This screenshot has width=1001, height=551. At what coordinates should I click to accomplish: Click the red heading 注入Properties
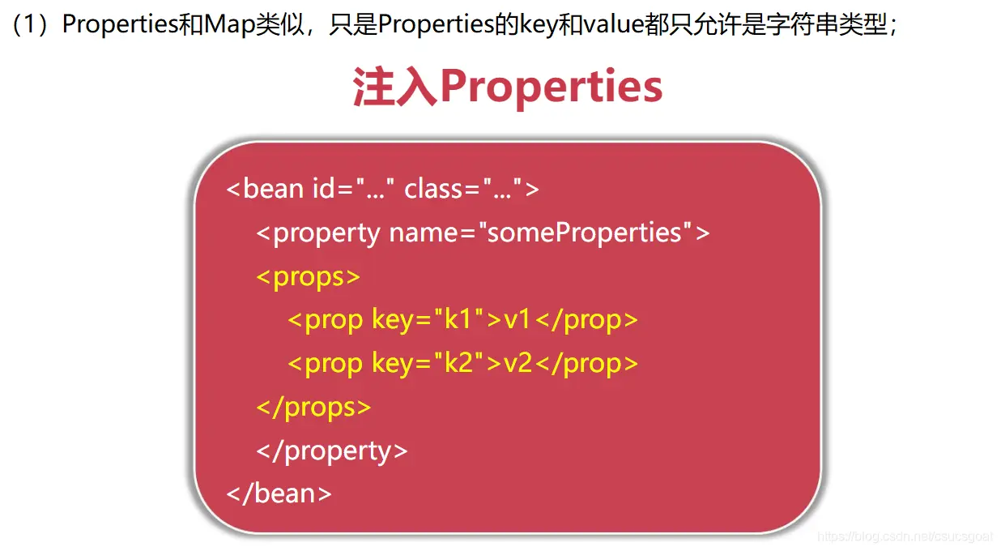tap(508, 87)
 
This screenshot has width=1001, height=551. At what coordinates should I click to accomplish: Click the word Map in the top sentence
tap(229, 24)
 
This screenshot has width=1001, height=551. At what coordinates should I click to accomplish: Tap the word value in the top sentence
tap(614, 24)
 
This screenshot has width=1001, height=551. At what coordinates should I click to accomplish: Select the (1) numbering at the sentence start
tap(31, 24)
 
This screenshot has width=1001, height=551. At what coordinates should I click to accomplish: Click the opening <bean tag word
tap(266, 188)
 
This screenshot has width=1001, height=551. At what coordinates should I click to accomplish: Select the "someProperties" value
tap(585, 233)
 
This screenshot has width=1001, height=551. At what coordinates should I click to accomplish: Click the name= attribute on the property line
tap(432, 233)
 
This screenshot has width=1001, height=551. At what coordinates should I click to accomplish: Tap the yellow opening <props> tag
tap(309, 277)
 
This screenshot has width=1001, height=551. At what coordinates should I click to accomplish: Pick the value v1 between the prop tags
tap(517, 320)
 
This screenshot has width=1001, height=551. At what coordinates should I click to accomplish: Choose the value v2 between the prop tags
tap(518, 364)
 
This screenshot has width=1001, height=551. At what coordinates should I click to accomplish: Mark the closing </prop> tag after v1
tap(586, 320)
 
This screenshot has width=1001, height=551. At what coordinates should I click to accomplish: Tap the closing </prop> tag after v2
tap(586, 364)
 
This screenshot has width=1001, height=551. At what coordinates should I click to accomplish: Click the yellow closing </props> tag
tap(313, 408)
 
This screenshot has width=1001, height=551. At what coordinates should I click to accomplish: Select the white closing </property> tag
tap(332, 451)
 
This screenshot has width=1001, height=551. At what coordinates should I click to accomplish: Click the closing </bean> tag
tap(279, 493)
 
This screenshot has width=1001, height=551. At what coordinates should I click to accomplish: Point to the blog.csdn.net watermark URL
tap(905, 536)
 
